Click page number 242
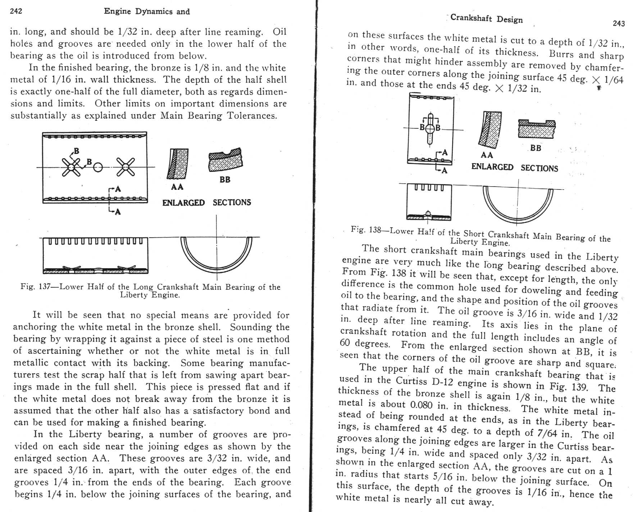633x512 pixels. click(x=16, y=11)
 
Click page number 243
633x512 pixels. click(x=619, y=23)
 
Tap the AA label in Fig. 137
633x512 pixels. click(x=177, y=187)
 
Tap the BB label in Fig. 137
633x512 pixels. click(x=225, y=179)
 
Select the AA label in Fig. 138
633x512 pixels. click(x=487, y=155)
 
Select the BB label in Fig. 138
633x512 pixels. click(x=536, y=148)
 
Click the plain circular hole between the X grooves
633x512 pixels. click(x=98, y=167)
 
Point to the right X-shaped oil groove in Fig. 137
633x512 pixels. click(x=126, y=167)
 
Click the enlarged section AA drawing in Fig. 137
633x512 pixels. click(x=177, y=164)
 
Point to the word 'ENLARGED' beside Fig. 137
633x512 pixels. click(x=183, y=203)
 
